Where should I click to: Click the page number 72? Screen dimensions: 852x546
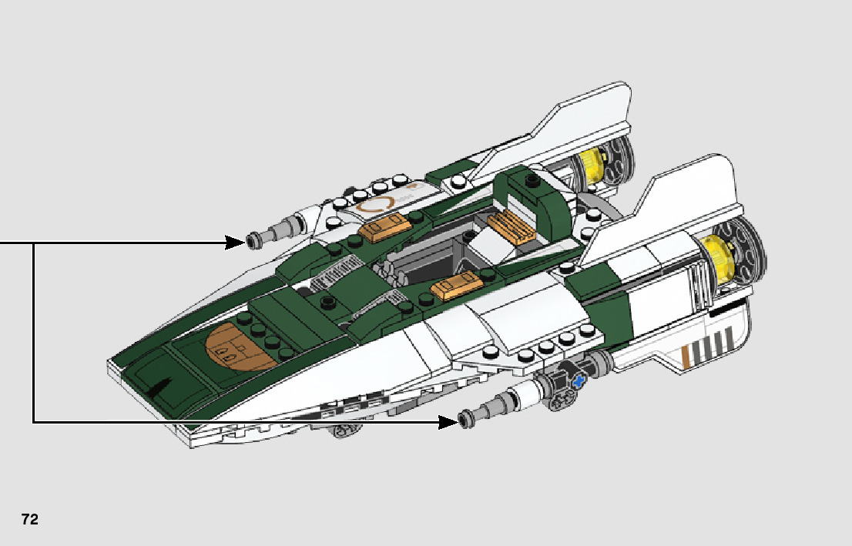pyautogui.click(x=30, y=519)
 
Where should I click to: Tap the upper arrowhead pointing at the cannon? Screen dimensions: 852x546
pyautogui.click(x=236, y=243)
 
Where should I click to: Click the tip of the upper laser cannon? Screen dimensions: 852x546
pyautogui.click(x=253, y=242)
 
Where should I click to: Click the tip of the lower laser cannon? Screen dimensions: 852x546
pyautogui.click(x=465, y=420)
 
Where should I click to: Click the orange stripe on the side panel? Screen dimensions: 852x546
pyautogui.click(x=685, y=355)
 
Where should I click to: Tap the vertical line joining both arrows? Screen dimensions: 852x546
pyautogui.click(x=33, y=332)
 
